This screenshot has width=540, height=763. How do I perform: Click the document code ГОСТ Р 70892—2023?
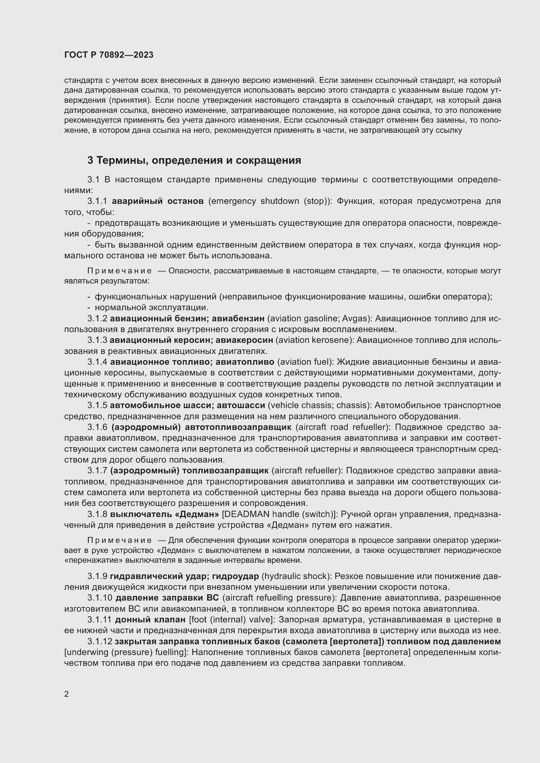(109, 55)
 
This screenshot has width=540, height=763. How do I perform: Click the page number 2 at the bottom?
(67, 694)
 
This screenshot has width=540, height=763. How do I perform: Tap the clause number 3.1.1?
(97, 201)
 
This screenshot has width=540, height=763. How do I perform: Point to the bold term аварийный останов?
(158, 201)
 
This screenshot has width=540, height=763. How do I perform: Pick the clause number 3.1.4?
(97, 361)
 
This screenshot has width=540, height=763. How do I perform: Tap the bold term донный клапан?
(150, 620)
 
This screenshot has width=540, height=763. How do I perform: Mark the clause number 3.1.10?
(99, 598)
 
